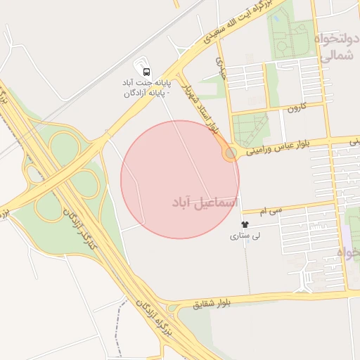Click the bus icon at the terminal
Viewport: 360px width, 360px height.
click(x=146, y=71)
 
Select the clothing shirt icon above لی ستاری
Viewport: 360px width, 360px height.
click(x=245, y=224)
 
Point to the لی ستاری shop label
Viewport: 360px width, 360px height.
click(x=245, y=237)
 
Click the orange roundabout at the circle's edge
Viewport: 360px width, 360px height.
click(x=230, y=151)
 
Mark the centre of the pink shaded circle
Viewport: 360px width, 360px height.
click(x=180, y=179)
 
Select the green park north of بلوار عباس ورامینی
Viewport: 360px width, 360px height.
click(x=250, y=129)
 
